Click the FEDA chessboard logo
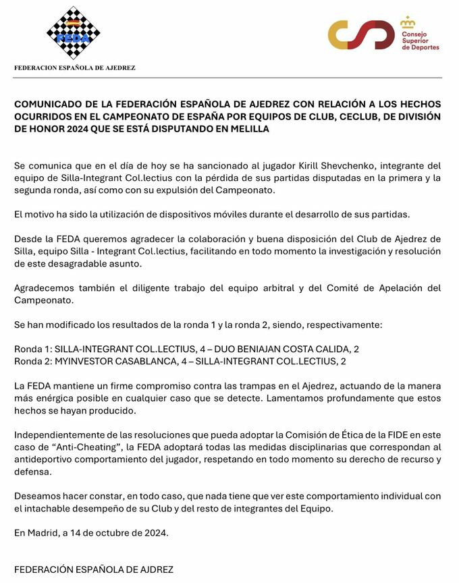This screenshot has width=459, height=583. coord(73,33)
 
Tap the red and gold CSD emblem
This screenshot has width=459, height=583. coord(361,34)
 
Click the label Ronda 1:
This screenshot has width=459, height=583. coord(34,349)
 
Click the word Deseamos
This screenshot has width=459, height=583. coord(36,496)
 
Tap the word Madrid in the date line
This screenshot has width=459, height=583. coord(44,532)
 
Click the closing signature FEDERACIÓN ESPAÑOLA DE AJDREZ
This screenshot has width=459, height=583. coord(94,569)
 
